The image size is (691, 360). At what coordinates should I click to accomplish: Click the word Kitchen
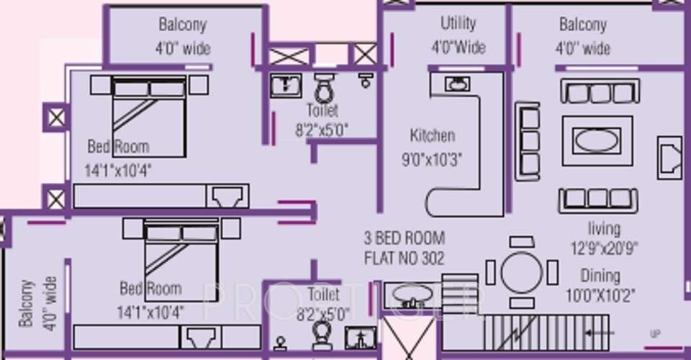click(x=432, y=135)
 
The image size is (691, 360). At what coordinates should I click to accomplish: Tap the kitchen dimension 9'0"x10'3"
click(x=432, y=158)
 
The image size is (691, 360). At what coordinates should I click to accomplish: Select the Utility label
click(x=458, y=24)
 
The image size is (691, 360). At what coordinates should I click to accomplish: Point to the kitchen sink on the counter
click(x=456, y=84)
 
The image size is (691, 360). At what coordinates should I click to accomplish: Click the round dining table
click(x=522, y=271)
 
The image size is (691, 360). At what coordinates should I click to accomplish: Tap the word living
click(x=603, y=229)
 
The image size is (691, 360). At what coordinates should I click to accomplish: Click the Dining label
click(x=600, y=276)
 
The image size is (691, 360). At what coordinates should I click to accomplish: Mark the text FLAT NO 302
click(x=404, y=257)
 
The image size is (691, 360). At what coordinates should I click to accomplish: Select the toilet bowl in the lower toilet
click(x=322, y=335)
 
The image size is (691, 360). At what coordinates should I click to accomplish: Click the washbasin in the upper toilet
click(x=286, y=85)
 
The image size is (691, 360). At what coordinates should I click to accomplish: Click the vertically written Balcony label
click(x=27, y=303)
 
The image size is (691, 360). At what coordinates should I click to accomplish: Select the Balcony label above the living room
click(x=583, y=25)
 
